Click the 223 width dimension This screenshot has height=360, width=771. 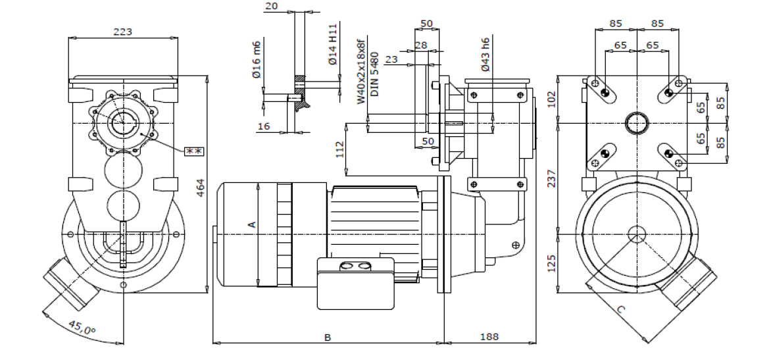click(123, 32)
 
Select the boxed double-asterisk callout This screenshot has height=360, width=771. click(195, 151)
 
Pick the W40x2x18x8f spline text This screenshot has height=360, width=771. click(361, 71)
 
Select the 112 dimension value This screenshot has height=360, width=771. click(339, 150)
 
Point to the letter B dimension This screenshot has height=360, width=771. click(328, 337)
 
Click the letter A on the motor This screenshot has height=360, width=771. click(251, 224)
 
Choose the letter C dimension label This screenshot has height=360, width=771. click(622, 308)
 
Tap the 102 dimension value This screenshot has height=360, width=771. click(551, 99)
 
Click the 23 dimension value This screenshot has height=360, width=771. click(392, 60)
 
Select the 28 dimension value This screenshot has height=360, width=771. click(421, 45)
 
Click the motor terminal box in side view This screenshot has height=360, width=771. click(356, 283)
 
